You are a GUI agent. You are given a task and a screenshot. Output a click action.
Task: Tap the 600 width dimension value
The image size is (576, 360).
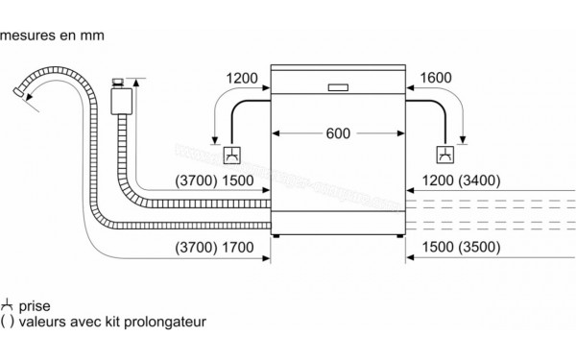337,133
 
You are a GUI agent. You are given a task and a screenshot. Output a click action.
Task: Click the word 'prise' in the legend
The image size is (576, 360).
36,306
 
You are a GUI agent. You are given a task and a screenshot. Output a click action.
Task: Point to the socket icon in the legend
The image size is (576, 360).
9,305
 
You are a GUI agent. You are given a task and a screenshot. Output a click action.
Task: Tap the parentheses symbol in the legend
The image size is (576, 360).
8,324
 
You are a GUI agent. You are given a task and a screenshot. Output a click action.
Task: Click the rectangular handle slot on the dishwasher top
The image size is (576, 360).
338,87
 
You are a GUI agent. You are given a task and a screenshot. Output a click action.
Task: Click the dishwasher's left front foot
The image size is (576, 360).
276,234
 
